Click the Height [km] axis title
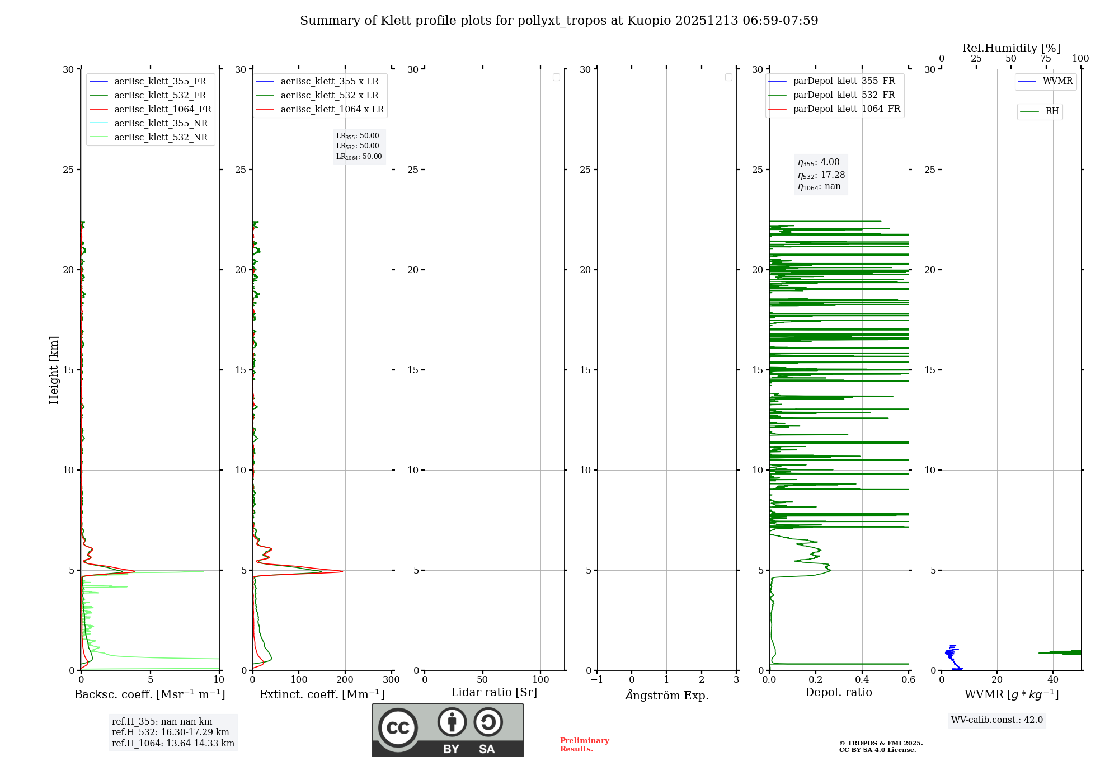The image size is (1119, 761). tap(54, 369)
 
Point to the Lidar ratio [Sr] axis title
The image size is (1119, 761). tap(493, 693)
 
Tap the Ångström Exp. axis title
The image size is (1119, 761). tap(666, 695)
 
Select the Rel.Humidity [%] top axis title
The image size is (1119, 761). tap(1011, 48)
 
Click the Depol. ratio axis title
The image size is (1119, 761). tap(838, 693)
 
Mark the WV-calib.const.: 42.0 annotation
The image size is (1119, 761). tap(996, 720)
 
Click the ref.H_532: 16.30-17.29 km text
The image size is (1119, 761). tap(170, 732)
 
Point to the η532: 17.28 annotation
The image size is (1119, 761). tap(821, 175)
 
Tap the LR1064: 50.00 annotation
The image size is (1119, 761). tap(359, 157)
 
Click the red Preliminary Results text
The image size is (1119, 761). tap(584, 745)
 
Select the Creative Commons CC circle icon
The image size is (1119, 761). tap(398, 727)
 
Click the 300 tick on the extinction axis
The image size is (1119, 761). tap(391, 680)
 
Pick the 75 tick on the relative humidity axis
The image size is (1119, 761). tap(1045, 59)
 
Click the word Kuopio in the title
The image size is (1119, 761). tap(649, 21)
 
